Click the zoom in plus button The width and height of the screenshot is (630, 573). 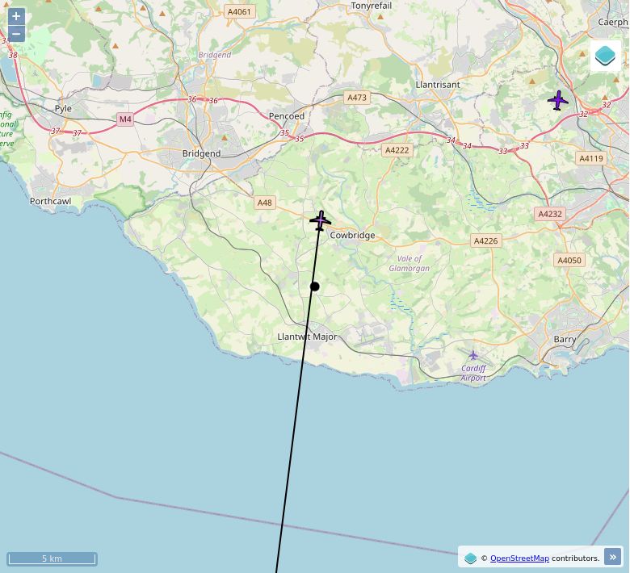(x=16, y=16)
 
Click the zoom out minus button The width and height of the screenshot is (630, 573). (x=16, y=34)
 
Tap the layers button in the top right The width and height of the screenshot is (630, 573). (x=605, y=56)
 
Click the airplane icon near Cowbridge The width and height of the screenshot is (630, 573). (x=321, y=220)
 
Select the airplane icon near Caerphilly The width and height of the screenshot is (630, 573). (x=558, y=101)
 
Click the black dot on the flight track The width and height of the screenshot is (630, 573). (x=315, y=286)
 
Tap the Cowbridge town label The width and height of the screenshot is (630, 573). (x=352, y=236)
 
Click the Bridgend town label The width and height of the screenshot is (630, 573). (x=201, y=153)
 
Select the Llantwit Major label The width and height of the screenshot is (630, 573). (x=307, y=337)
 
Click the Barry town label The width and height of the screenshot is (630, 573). (x=565, y=340)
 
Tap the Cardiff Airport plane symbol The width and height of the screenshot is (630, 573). (x=473, y=355)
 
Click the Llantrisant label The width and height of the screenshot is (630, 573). (x=437, y=85)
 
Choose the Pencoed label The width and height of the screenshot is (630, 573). (x=287, y=116)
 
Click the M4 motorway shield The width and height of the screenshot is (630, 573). (x=124, y=119)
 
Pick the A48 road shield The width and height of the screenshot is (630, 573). (x=265, y=203)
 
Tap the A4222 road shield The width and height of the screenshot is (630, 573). (x=397, y=150)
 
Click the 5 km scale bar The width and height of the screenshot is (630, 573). (x=52, y=558)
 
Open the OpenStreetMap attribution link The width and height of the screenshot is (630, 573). (x=519, y=558)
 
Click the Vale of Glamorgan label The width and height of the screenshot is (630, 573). (x=409, y=263)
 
